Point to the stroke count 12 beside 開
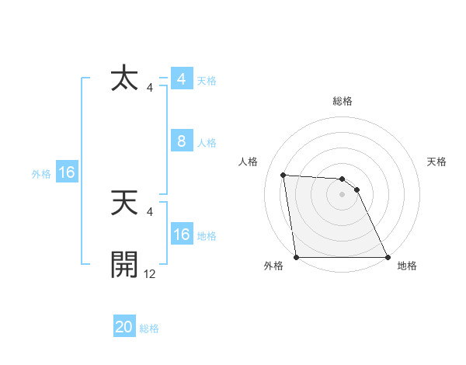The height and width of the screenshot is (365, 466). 150,273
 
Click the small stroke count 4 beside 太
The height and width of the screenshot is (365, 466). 150,88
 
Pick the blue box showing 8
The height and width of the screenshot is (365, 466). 181,141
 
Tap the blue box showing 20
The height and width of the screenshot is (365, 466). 124,328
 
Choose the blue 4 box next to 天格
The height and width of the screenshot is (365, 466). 181,79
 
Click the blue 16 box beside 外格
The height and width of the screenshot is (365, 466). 66,172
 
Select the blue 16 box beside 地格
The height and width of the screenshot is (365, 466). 181,235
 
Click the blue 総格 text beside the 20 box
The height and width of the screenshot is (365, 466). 149,328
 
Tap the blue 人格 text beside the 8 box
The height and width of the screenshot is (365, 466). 207,143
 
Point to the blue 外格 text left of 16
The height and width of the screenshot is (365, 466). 41,174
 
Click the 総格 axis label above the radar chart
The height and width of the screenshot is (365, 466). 343,101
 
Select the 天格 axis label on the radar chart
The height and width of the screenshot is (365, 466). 437,162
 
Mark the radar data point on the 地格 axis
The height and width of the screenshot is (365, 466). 388,257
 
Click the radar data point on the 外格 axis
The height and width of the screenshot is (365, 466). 297,257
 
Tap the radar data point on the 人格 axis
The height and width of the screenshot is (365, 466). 283,175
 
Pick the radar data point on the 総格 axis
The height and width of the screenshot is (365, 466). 343,179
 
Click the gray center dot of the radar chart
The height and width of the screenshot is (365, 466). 343,195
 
